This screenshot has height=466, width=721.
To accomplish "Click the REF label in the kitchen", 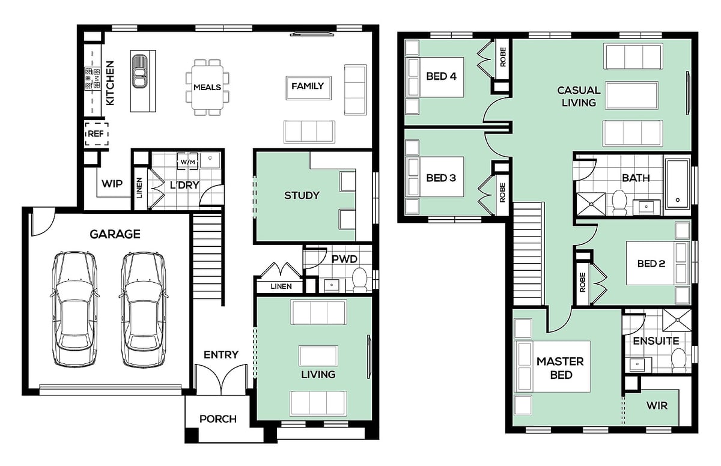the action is (x=96, y=134).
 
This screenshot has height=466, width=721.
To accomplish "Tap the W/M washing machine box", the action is (x=187, y=162).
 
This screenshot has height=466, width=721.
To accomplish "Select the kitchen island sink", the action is (x=139, y=71).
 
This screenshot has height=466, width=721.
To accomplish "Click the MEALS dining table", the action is (x=207, y=87).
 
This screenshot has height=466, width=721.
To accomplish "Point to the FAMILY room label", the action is (x=308, y=86).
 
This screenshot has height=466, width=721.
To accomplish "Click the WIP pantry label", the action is (x=112, y=184).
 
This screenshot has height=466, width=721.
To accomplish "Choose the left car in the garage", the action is (x=75, y=309).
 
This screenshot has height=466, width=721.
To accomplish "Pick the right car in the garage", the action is (x=144, y=309).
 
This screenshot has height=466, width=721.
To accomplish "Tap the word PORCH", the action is (x=218, y=419).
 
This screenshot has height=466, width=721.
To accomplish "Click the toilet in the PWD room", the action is (x=359, y=280).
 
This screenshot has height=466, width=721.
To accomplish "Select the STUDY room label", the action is (x=302, y=195).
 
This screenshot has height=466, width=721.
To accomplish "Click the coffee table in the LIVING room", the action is (x=318, y=356).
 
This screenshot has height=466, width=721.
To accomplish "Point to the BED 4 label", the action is (x=441, y=76).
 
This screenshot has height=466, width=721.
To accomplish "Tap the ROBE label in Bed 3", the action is (x=502, y=192).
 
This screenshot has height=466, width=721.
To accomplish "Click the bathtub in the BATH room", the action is (x=678, y=184).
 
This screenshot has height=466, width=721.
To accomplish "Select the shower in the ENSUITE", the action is (x=677, y=320).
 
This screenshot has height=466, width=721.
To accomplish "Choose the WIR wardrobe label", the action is (x=657, y=405).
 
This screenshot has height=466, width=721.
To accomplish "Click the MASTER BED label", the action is (x=561, y=368).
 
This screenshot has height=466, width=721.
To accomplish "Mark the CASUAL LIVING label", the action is (x=579, y=97).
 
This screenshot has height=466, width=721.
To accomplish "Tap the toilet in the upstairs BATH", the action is (x=619, y=202).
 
